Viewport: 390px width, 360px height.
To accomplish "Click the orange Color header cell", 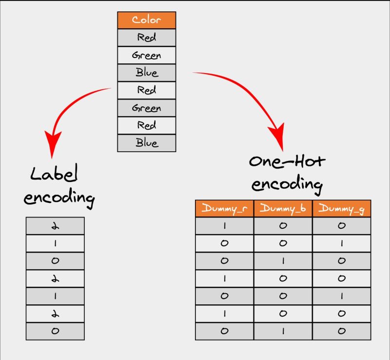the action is [x=147, y=20].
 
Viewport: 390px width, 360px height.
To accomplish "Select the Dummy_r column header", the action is [x=225, y=208].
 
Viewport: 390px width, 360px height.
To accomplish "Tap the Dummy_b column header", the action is [x=283, y=208].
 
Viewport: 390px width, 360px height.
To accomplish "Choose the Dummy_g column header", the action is [x=342, y=208].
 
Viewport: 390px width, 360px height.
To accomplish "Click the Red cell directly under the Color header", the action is [x=147, y=38].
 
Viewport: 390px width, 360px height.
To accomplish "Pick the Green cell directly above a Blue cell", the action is [x=147, y=55].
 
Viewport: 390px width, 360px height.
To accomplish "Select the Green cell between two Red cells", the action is [x=147, y=108].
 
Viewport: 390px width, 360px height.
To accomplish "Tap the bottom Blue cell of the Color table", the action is [x=147, y=143].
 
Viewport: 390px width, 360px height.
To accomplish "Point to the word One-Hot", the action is [x=287, y=161].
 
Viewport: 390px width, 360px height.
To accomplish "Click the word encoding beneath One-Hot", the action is [x=287, y=184].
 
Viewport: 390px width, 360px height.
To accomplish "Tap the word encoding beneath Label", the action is [x=59, y=198].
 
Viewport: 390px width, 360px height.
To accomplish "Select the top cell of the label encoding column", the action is [x=55, y=226].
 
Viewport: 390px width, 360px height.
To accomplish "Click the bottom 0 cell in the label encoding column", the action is [x=55, y=331].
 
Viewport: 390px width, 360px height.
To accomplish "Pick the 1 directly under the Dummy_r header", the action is [x=225, y=226].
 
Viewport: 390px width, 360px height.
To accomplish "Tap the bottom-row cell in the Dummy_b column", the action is [x=283, y=331].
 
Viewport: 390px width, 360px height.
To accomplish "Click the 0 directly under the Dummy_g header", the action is [x=342, y=226].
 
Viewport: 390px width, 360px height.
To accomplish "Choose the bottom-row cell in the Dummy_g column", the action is [x=342, y=331].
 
